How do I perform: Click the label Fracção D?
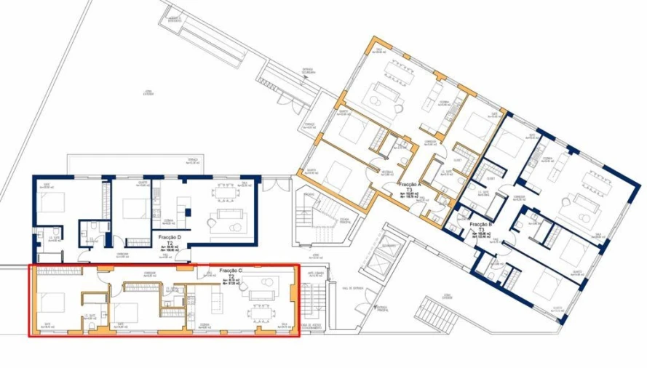pyautogui.click(x=170, y=238)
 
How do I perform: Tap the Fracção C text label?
pyautogui.click(x=231, y=270)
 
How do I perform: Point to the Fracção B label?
pyautogui.click(x=482, y=225)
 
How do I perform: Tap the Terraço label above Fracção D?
pyautogui.click(x=193, y=160)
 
